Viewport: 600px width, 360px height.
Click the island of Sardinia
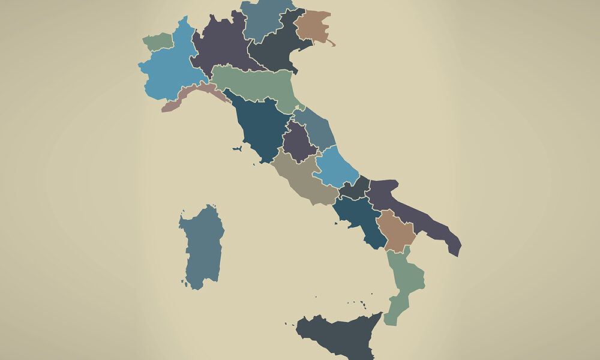[202, 246]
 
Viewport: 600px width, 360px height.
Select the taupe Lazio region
[303, 177]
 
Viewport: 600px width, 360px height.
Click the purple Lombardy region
[222, 45]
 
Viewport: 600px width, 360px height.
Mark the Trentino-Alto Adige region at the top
[264, 18]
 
